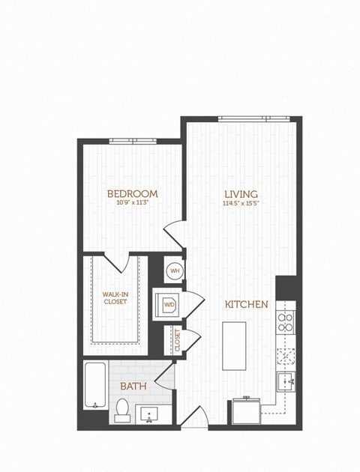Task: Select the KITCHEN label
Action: click(247, 305)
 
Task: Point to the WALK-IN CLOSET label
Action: click(115, 297)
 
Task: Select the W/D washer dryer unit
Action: click(168, 305)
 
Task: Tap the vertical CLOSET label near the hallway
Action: click(178, 340)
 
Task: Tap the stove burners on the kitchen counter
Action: click(286, 322)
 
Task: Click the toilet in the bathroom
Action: click(122, 410)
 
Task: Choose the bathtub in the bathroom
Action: click(94, 385)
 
